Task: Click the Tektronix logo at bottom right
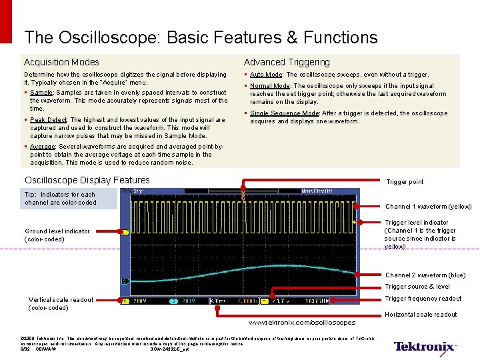tap(425, 346)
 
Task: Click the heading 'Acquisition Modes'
tap(61, 62)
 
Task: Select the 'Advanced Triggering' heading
tap(287, 62)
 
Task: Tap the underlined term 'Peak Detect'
tap(47, 120)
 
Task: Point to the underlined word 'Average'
tap(42, 146)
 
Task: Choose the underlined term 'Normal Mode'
tap(270, 86)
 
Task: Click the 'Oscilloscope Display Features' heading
tap(87, 180)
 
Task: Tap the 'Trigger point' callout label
tap(405, 182)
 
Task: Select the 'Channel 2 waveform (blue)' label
tap(425, 275)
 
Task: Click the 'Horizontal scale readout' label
tap(421, 315)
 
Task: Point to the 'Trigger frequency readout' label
tap(423, 299)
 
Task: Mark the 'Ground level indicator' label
tap(57, 231)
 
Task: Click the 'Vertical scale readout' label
tap(61, 300)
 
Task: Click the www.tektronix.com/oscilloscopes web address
tap(301, 323)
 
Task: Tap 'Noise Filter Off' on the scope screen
tap(317, 191)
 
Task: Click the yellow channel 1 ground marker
tap(125, 232)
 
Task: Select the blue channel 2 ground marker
tap(125, 281)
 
